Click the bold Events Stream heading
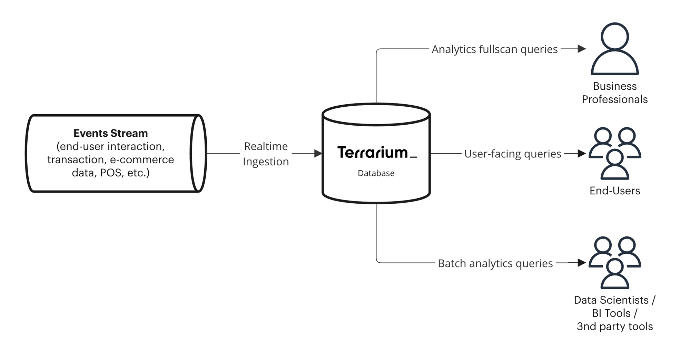(110, 133)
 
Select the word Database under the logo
(376, 173)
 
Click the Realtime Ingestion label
(266, 154)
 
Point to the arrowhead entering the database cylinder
(318, 153)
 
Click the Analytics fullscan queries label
(494, 49)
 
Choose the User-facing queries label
(513, 154)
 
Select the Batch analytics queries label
(495, 263)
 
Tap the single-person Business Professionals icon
(614, 49)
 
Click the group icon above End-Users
(614, 153)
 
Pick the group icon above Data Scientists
(614, 262)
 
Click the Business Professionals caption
(614, 93)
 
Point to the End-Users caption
(614, 191)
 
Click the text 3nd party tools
(614, 327)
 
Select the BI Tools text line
(614, 313)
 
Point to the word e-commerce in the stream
(142, 160)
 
